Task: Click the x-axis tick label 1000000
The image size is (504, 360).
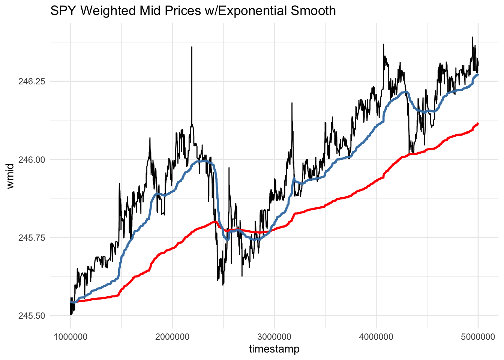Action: [x=70, y=336]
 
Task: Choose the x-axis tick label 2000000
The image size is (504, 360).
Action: [x=172, y=336]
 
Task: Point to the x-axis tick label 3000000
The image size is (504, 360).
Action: [x=274, y=336]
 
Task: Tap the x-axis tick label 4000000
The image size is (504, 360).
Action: [x=376, y=336]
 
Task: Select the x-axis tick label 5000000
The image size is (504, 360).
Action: [x=478, y=336]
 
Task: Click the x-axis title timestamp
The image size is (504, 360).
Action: [x=274, y=349]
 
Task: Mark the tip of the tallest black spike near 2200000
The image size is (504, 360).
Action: [x=192, y=47]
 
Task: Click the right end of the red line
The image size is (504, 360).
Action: [x=478, y=123]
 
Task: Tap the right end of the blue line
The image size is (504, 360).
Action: [x=478, y=75]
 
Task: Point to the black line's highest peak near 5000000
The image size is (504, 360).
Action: [x=472, y=37]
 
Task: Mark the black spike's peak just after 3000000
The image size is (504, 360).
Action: [x=292, y=103]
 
